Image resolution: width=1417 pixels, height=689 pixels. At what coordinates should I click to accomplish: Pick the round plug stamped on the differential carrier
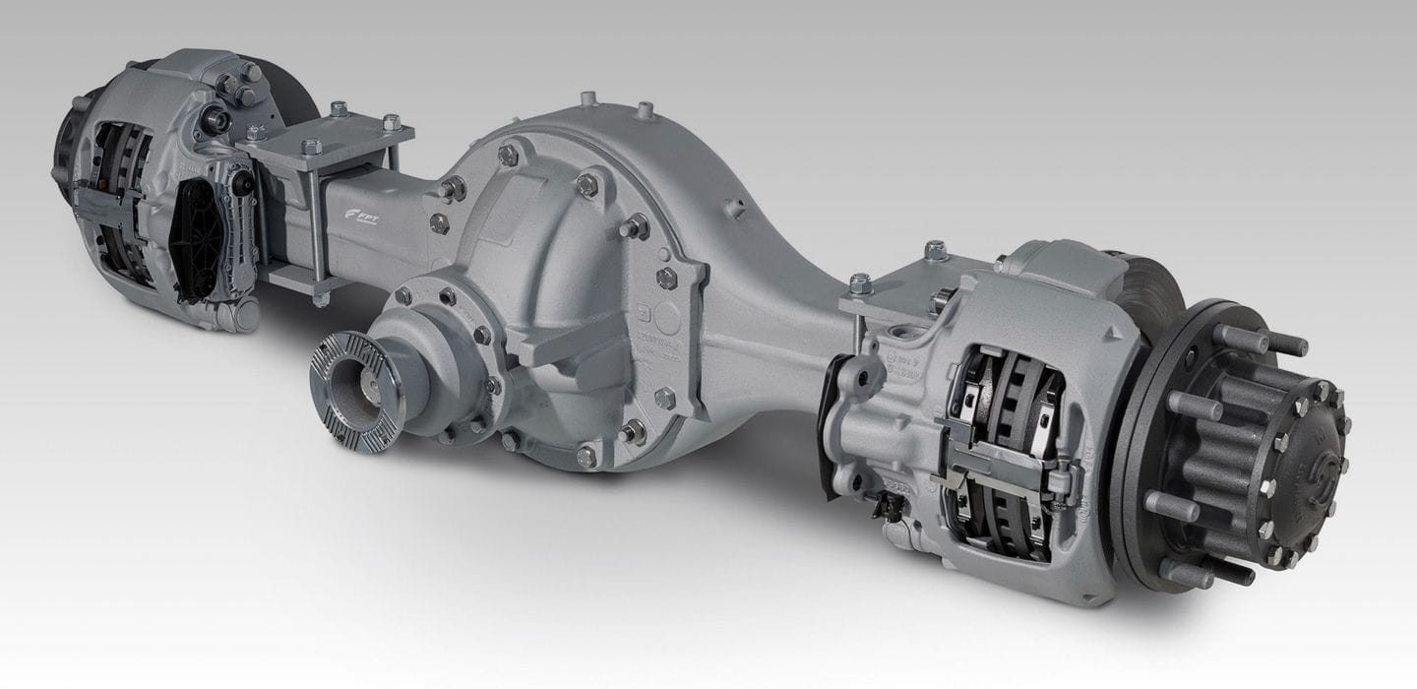pos(668,316)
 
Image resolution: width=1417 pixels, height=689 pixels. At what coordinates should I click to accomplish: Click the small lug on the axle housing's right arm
pos(732,208)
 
